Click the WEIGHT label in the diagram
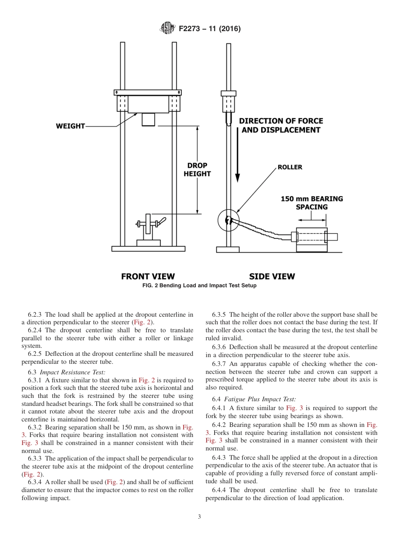(x=70, y=126)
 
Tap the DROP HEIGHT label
(x=197, y=170)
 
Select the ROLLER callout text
(x=290, y=167)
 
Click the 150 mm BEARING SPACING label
(x=312, y=203)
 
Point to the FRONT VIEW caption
(x=148, y=276)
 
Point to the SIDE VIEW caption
(x=272, y=276)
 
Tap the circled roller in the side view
(x=228, y=221)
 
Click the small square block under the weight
(x=148, y=119)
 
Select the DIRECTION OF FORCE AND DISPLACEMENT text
(x=281, y=125)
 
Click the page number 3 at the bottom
(x=199, y=517)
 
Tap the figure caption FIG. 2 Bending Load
(x=199, y=286)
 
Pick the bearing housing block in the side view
(x=312, y=240)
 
